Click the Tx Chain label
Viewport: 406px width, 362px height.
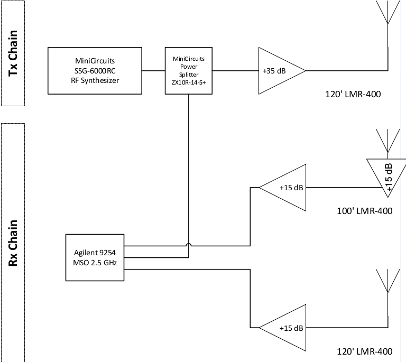coord(13,53)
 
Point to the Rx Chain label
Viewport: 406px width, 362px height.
coord(13,243)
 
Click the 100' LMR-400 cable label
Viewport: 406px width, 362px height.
coord(365,211)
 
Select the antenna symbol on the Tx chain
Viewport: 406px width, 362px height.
coord(387,12)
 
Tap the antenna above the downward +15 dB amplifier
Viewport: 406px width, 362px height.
coord(387,141)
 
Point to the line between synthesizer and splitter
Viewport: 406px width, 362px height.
coord(153,71)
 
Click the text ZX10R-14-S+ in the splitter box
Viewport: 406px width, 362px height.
coord(189,82)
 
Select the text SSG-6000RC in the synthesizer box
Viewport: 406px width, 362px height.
coord(95,71)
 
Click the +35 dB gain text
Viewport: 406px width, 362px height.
coord(274,71)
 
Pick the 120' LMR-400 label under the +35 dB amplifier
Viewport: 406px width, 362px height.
coord(353,94)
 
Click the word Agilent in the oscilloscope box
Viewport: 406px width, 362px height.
coord(84,253)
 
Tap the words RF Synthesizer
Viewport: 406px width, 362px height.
coord(95,80)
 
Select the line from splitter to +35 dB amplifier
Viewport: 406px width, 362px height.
coord(235,71)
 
